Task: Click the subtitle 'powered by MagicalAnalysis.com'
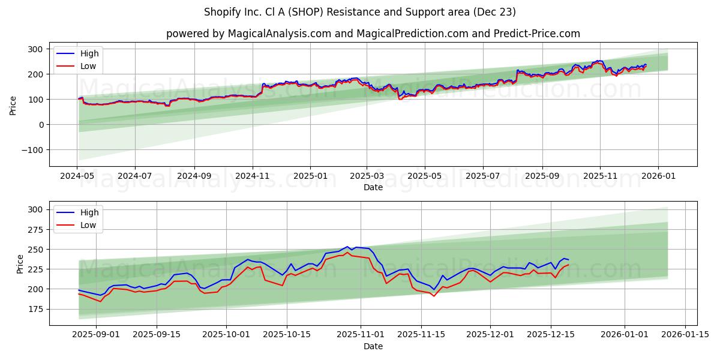click(x=248, y=34)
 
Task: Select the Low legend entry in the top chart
click(x=88, y=66)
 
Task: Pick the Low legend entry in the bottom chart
click(x=88, y=225)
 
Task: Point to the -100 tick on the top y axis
click(x=32, y=150)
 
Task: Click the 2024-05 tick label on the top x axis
click(x=77, y=177)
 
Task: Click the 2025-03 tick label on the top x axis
click(x=367, y=177)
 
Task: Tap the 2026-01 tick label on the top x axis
click(x=658, y=177)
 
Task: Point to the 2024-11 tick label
click(x=252, y=177)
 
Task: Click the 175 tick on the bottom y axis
click(x=35, y=309)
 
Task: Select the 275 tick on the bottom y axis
click(x=35, y=229)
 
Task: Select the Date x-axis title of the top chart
click(x=373, y=188)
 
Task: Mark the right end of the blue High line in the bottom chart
click(x=568, y=259)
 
